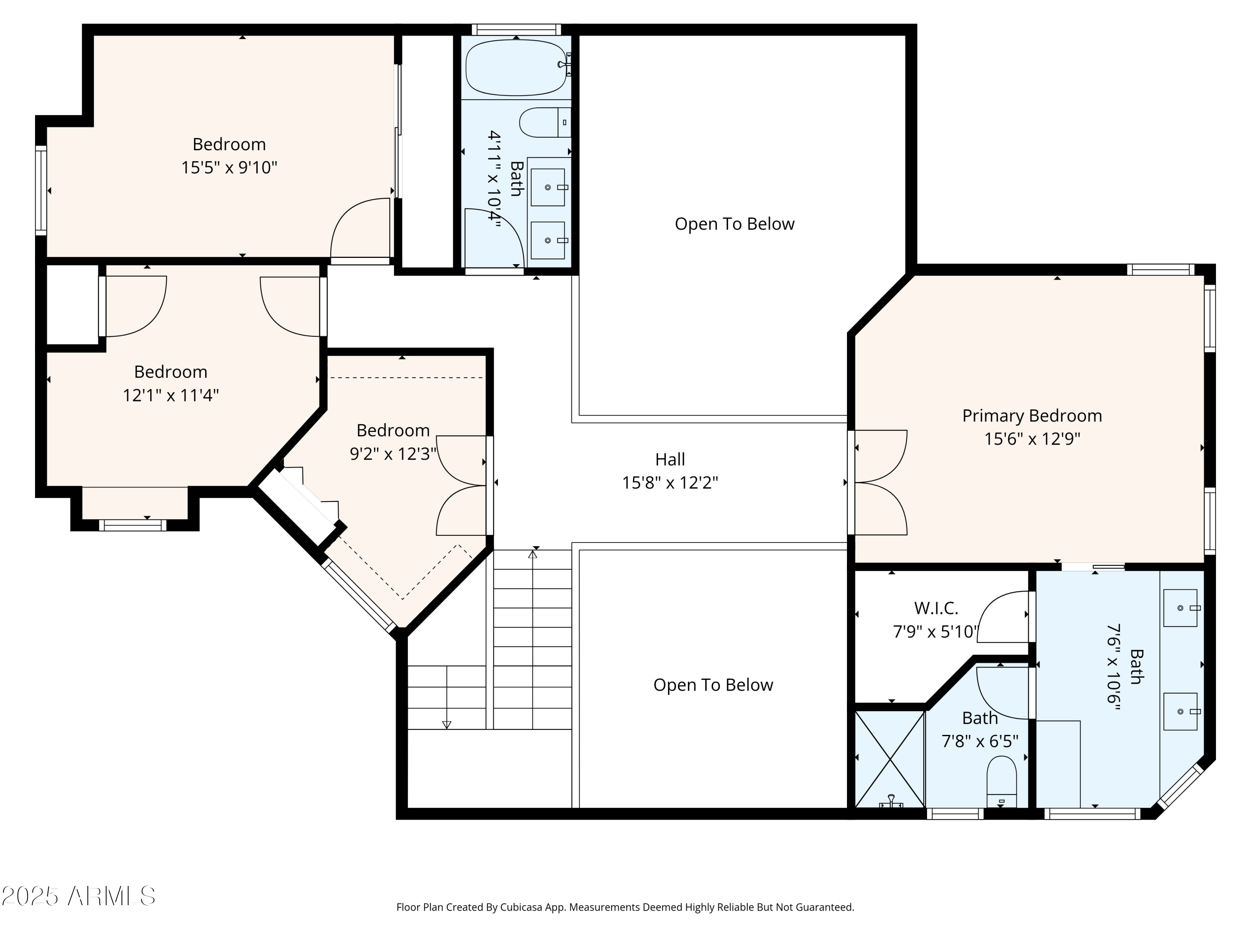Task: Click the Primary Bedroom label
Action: (1032, 416)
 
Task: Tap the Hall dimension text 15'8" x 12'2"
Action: (670, 483)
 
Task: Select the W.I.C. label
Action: (936, 608)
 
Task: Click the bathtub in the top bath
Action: (516, 67)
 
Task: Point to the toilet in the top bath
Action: (545, 122)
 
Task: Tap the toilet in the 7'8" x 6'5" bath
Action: (1002, 781)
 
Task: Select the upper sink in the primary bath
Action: (1181, 608)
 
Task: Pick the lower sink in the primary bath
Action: (1181, 712)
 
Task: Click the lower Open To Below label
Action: (713, 685)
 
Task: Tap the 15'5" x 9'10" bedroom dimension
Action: (229, 167)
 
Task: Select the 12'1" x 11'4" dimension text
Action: (171, 395)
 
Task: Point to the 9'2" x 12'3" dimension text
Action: (393, 454)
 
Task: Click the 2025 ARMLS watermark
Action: (79, 896)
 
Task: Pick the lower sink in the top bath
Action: (548, 240)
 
